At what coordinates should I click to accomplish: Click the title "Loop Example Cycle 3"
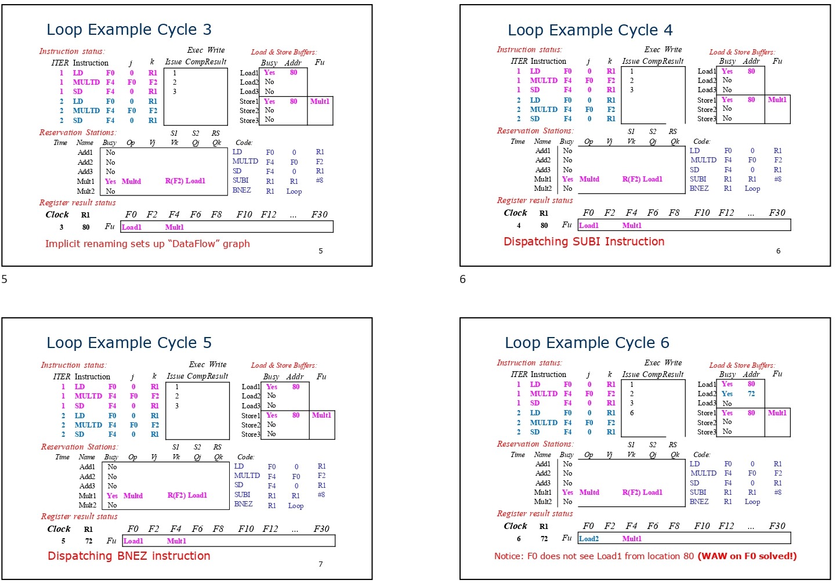click(129, 30)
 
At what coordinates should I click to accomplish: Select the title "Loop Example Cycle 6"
click(587, 343)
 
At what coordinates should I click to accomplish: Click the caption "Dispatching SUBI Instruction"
click(584, 242)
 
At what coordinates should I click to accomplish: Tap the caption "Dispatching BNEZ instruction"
click(129, 556)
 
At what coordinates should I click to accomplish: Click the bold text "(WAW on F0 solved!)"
click(747, 556)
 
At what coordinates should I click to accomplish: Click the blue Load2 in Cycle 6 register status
click(588, 539)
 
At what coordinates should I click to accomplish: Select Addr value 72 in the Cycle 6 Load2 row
click(751, 394)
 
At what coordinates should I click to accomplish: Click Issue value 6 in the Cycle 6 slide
click(632, 413)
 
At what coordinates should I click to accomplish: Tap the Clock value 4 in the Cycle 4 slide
click(519, 226)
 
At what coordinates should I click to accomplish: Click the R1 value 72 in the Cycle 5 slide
click(89, 541)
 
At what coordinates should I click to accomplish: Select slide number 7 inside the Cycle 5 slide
click(320, 564)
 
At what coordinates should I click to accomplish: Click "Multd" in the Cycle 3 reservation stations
click(131, 182)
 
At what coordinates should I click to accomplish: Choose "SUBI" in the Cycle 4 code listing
click(698, 179)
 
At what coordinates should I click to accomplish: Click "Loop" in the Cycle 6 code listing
click(752, 502)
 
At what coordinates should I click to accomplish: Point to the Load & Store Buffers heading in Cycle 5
click(284, 365)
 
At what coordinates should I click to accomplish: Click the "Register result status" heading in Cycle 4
click(534, 201)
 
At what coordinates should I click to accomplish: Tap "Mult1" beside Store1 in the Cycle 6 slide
click(777, 413)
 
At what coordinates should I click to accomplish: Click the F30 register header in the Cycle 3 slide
click(319, 215)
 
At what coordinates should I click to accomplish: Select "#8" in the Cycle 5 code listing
click(321, 495)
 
